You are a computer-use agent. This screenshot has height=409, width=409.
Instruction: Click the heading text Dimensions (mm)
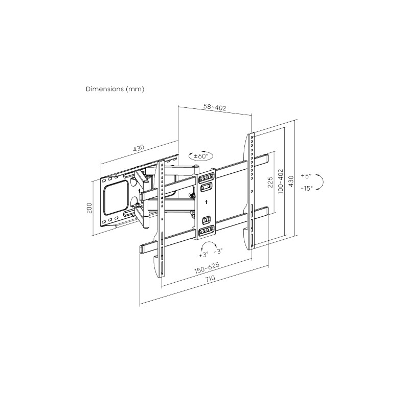115,89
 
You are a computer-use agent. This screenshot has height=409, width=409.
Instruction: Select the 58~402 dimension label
215,107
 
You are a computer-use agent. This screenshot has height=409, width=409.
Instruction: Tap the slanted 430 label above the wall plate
139,148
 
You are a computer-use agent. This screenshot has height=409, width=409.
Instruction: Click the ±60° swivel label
201,156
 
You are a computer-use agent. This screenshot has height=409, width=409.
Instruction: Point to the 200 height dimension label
89,208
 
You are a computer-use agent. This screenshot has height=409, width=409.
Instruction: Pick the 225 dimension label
270,182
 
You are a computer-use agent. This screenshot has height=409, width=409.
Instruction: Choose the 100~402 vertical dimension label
281,181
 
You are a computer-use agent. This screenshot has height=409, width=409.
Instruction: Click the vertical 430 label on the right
291,181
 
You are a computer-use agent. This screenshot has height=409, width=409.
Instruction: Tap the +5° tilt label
306,176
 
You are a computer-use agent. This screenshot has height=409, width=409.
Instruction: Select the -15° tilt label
306,188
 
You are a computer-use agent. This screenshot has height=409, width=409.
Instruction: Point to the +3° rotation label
203,255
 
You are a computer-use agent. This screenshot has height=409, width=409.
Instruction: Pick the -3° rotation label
218,251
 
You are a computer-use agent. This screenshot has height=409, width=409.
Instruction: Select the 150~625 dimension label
207,268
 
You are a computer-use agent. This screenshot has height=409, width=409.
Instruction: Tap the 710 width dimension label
210,278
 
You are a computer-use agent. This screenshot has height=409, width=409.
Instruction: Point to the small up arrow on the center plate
206,201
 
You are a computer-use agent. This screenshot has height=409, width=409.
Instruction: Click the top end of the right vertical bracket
251,133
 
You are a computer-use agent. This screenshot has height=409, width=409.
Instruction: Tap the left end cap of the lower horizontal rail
143,249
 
